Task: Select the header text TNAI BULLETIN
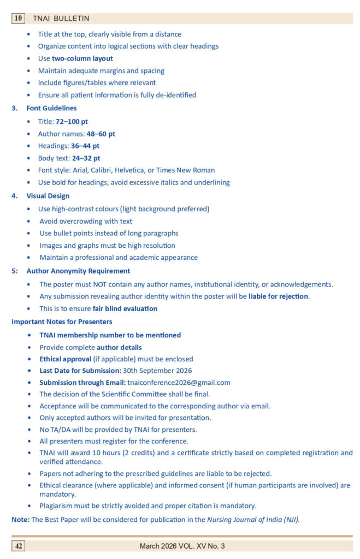[x=61, y=19]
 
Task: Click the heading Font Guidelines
[x=51, y=108]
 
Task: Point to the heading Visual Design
[x=48, y=196]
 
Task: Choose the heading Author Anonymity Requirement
[x=78, y=271]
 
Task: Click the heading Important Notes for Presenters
[x=62, y=322]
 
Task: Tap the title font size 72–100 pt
[x=72, y=122]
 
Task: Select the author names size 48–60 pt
[x=101, y=134]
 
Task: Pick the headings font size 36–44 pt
[x=85, y=146]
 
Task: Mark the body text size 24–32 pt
[x=86, y=158]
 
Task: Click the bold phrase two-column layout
[x=82, y=58]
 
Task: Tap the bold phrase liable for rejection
[x=279, y=296]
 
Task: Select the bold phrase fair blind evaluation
[x=125, y=308]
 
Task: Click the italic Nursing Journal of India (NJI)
[x=253, y=520]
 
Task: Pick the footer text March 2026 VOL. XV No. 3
[x=182, y=546]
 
